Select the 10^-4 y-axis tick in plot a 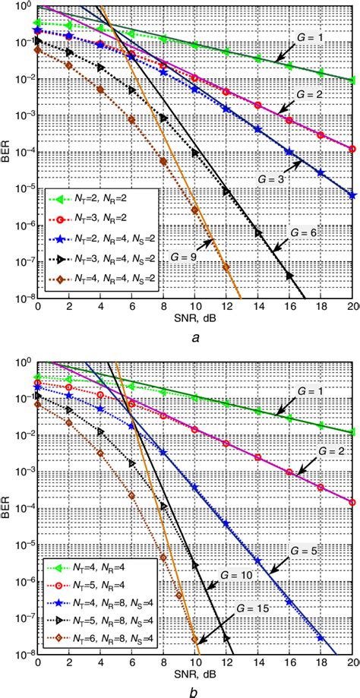(23, 151)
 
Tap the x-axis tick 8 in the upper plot (163, 310)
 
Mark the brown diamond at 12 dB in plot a (226, 266)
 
